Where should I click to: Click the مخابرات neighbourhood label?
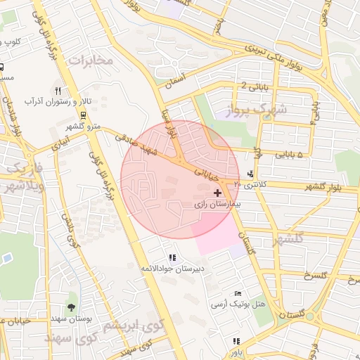(x=90, y=60)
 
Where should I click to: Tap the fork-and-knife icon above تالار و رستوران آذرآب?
(x=58, y=91)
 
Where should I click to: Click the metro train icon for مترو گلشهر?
(x=84, y=115)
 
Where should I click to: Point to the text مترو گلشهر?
(x=84, y=126)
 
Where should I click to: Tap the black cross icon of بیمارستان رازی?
(x=217, y=192)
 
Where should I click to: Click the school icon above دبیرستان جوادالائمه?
(x=173, y=257)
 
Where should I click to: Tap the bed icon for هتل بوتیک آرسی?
(x=238, y=292)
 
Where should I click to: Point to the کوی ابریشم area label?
(x=134, y=326)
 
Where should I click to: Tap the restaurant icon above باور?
(x=236, y=341)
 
